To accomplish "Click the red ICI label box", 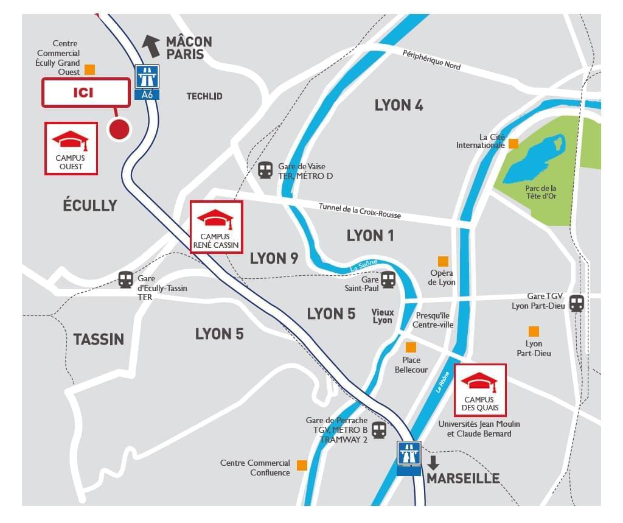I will tap(86, 93).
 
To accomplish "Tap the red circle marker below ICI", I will tap(119, 129).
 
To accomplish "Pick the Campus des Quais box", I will tap(479, 390).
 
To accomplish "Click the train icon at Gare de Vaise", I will tap(265, 170).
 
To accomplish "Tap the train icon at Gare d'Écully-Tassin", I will tap(125, 279).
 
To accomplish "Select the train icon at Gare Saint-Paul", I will tap(388, 280).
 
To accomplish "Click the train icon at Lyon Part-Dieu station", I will tap(577, 303).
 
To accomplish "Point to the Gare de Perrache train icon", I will tap(379, 430).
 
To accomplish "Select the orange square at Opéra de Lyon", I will tap(443, 261).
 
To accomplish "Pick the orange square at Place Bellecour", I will tap(411, 347).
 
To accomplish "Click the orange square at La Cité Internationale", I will tap(513, 143).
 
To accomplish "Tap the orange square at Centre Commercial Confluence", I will tap(301, 466).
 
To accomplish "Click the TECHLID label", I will tap(204, 96).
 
